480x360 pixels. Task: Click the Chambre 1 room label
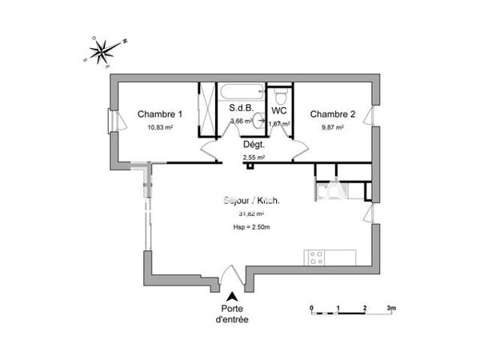point(160,114)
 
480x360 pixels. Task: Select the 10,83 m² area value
point(160,127)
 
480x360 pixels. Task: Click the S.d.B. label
point(241,109)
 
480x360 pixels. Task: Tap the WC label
point(279,110)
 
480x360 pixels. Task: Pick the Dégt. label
point(254,145)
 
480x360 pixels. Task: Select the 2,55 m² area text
point(254,158)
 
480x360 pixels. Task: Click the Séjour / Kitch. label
point(251,201)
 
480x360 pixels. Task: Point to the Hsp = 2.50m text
point(251,229)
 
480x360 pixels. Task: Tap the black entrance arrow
point(232,297)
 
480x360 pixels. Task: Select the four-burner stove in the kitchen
point(316,258)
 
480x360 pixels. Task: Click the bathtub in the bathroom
point(241,90)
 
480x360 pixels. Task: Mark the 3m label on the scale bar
point(392,307)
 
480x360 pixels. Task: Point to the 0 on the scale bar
point(312,307)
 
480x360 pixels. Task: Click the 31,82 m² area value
point(251,214)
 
